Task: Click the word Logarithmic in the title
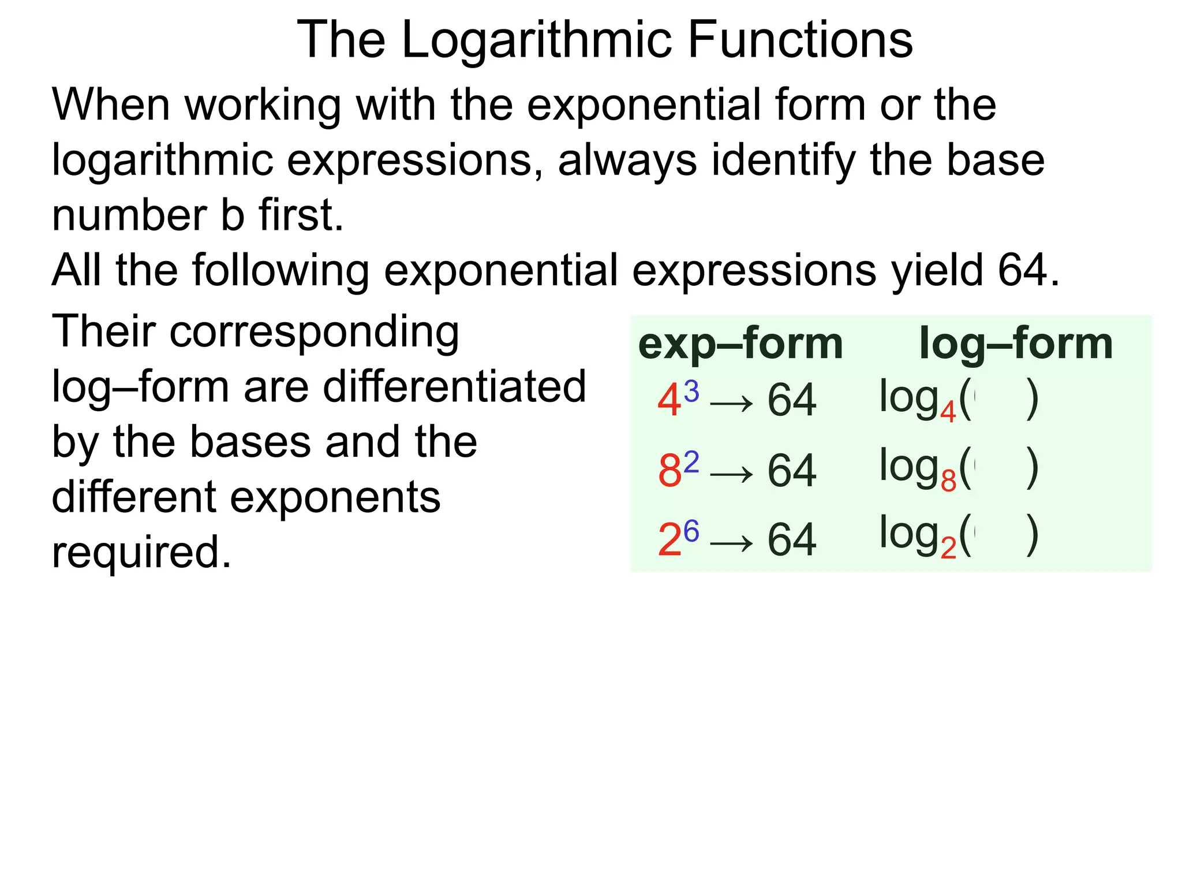coord(537,40)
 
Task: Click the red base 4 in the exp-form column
coord(669,401)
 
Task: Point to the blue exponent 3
coord(691,392)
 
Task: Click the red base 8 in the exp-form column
coord(669,471)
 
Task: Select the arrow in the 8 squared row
coord(731,474)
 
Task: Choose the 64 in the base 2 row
coord(792,540)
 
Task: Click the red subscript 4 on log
coord(948,412)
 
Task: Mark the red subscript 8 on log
coord(948,480)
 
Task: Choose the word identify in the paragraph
coord(783,161)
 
